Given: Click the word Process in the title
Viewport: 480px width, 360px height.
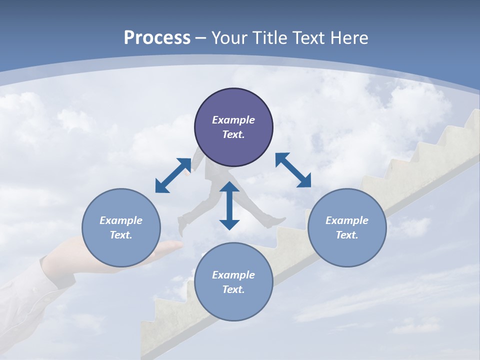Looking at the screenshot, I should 157,38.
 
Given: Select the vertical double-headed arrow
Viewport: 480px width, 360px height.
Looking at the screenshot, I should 229,205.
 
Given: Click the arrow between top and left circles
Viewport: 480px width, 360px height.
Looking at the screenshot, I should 173,175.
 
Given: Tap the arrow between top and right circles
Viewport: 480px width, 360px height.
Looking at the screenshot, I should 293,170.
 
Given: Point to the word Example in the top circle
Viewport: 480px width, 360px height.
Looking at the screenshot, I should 233,120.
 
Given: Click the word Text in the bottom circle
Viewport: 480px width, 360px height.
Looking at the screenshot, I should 233,289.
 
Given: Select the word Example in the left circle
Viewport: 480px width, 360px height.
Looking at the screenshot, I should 121,220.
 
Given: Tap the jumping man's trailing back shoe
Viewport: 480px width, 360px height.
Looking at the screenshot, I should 181,227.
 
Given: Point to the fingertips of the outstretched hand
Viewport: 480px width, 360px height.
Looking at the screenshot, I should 177,245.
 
